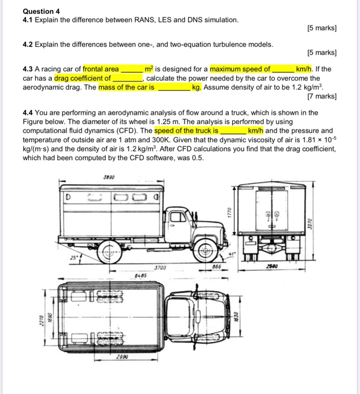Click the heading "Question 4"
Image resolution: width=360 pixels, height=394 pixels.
[41, 11]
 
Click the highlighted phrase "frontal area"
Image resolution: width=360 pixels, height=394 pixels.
[101, 69]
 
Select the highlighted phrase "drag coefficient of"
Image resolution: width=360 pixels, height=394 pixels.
[83, 78]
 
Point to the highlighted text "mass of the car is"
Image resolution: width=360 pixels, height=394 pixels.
[128, 87]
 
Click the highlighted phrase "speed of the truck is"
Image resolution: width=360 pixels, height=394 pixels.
[186, 130]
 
